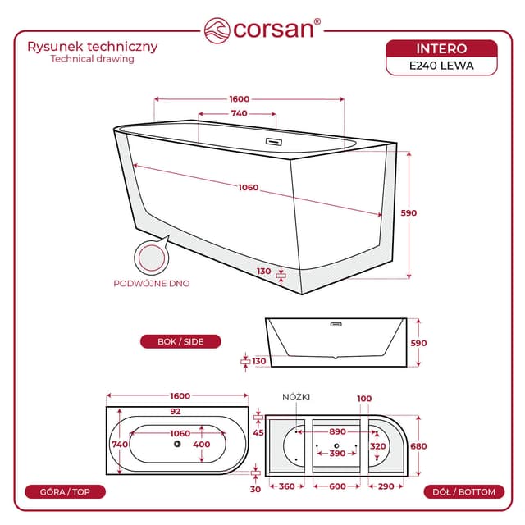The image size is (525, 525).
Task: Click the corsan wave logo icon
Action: click(217, 30)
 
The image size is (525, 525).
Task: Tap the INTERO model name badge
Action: click(441, 49)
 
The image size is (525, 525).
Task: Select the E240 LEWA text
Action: click(441, 66)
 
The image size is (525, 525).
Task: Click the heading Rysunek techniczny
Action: click(93, 47)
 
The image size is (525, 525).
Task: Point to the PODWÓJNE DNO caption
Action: click(152, 284)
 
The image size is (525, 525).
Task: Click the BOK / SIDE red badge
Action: click(180, 341)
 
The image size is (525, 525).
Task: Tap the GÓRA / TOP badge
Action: click(65, 492)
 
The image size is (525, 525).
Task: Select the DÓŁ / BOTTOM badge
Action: click(463, 492)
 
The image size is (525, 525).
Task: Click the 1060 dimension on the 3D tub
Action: click(249, 188)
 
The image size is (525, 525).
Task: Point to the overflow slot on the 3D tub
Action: click(273, 142)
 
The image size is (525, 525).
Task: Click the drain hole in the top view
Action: click(177, 444)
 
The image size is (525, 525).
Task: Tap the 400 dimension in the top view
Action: click(202, 445)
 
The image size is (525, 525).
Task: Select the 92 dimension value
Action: click(176, 412)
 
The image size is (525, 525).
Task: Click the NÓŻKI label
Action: click(296, 397)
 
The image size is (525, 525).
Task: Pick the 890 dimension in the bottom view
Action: click(337, 432)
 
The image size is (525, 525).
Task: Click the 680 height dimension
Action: click(418, 446)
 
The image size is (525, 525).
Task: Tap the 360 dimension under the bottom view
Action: click(287, 486)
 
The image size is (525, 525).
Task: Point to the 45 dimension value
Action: click(258, 433)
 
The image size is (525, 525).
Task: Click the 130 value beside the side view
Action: click(259, 361)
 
